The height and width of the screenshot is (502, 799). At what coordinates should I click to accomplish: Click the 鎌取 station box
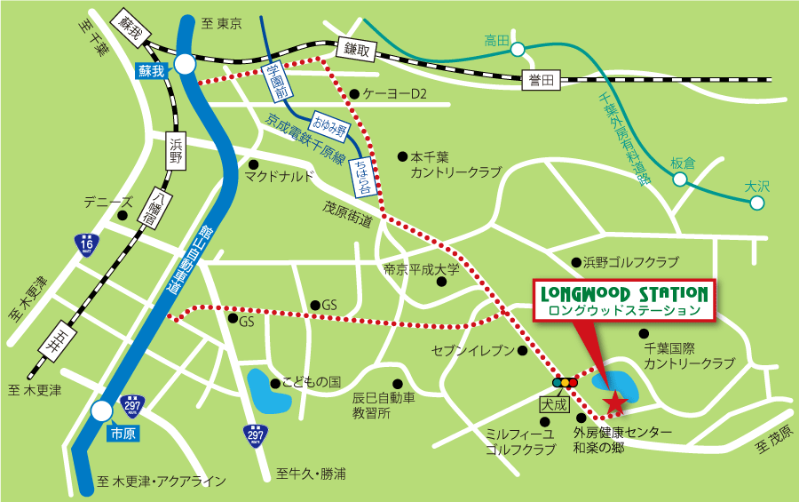[x=353, y=50]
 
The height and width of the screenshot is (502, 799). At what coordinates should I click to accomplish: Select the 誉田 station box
[x=541, y=81]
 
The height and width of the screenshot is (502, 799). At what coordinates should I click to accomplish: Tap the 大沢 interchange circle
[x=756, y=203]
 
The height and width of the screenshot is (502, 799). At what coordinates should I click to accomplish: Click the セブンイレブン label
[x=472, y=350]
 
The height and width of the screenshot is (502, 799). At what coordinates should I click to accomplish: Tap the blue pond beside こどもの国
[x=268, y=391]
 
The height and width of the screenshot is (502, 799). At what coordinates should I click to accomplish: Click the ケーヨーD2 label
[x=394, y=93]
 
